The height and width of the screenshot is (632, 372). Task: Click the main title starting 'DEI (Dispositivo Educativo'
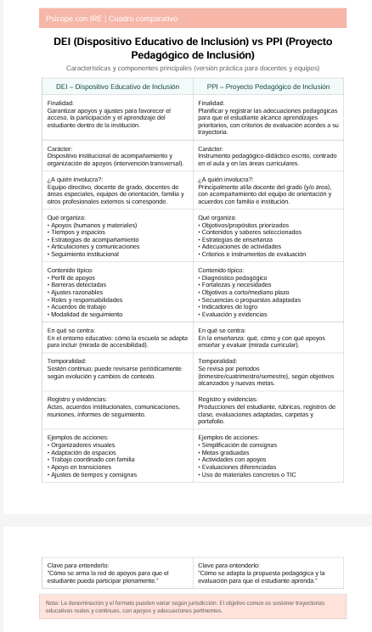pos(186,48)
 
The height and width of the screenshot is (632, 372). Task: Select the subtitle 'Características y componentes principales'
pos(186,67)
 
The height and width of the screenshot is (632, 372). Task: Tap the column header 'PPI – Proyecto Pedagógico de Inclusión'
pos(268,87)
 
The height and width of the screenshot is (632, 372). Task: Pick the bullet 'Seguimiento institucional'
pos(86,254)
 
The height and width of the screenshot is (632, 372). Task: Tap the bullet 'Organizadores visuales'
pos(82,444)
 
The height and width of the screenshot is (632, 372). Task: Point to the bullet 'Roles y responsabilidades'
pos(86,299)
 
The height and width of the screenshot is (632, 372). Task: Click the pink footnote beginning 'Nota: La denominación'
pos(186,606)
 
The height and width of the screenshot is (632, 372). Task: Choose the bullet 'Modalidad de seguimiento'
pos(86,315)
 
